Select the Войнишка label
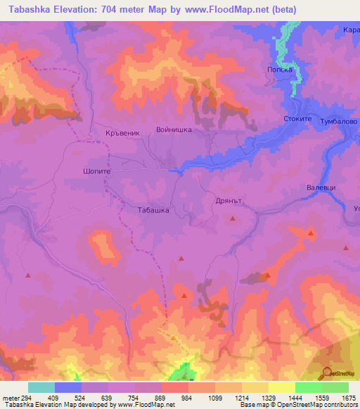tap(174, 130)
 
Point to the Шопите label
tap(96, 170)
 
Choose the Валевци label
tap(322, 188)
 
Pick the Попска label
tap(279, 70)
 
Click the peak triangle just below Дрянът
tap(233, 219)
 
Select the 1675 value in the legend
tap(348, 397)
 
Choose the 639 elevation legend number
tap(108, 397)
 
